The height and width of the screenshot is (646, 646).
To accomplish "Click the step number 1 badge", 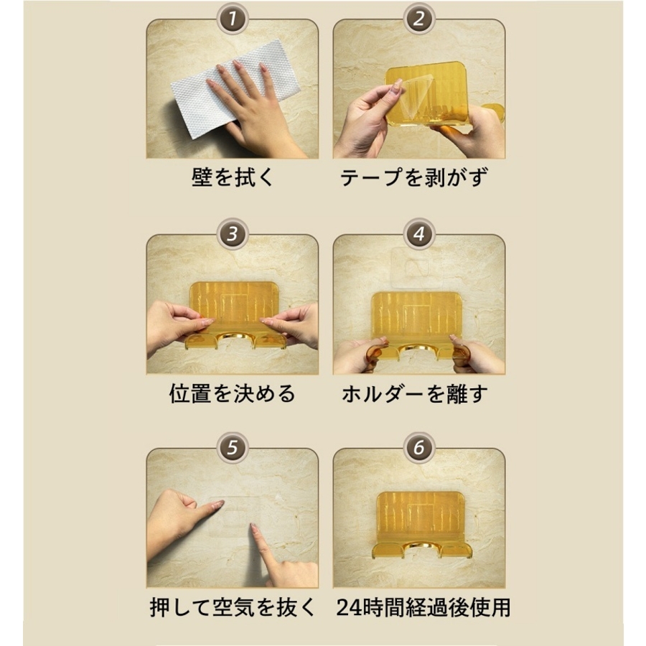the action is [233, 19].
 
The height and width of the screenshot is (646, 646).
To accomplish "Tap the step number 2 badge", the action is [418, 19].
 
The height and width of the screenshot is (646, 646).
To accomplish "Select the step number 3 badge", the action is [233, 234].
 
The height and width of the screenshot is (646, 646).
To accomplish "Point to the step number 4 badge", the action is [418, 234].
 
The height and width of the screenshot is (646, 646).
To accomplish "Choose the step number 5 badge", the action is [233, 448].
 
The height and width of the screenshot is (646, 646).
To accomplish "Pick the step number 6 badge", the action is [418, 448].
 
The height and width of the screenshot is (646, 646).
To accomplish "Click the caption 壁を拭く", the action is [233, 177].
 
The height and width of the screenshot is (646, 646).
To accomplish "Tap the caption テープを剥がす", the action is [414, 177].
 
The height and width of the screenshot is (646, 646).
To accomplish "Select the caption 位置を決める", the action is [233, 393].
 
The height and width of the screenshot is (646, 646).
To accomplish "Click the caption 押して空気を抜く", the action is [233, 607].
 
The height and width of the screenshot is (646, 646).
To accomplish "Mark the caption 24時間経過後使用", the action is [423, 607].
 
